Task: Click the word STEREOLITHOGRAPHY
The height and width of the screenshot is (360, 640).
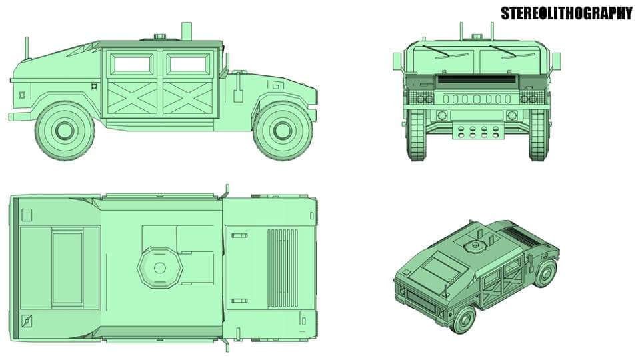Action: pos(566,13)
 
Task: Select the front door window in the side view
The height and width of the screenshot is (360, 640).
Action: pos(189,64)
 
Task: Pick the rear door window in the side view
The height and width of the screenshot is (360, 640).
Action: pos(131,64)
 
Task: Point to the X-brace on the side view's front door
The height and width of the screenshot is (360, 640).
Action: pos(189,97)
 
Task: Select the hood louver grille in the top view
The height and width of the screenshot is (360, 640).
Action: pos(283,267)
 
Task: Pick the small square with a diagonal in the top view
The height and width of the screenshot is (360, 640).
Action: pos(27,321)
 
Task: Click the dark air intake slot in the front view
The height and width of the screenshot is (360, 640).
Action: pos(475,79)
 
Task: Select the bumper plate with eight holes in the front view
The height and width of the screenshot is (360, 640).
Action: pos(477,131)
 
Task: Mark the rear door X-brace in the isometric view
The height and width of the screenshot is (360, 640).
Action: pos(491,284)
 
